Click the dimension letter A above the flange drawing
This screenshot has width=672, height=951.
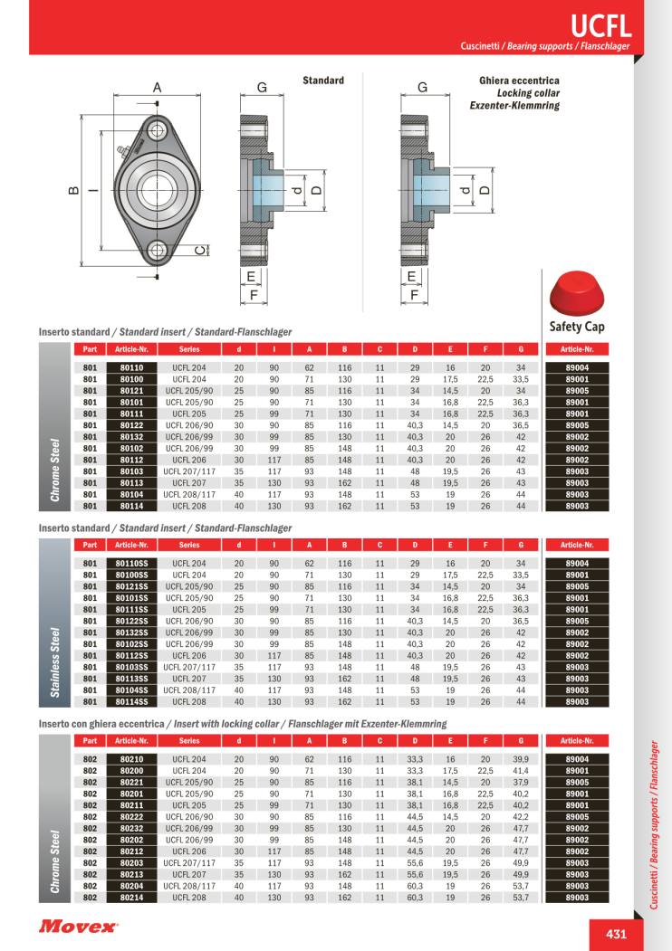[156, 88]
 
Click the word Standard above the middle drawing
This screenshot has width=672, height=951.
[323, 81]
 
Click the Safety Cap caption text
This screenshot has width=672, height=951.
[576, 326]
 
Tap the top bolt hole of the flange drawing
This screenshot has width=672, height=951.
[158, 130]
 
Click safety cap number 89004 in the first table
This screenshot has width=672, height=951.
[577, 367]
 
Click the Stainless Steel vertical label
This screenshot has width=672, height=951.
[55, 647]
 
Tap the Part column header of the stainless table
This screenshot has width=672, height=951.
[90, 545]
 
